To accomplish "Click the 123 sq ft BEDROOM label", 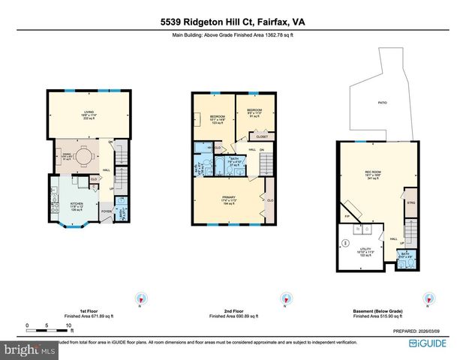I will (x=218, y=118).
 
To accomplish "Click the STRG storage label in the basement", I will (x=410, y=202).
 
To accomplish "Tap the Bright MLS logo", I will (x=29, y=349).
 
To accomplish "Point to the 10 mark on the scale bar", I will (x=69, y=325).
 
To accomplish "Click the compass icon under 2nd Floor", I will (x=286, y=297).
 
